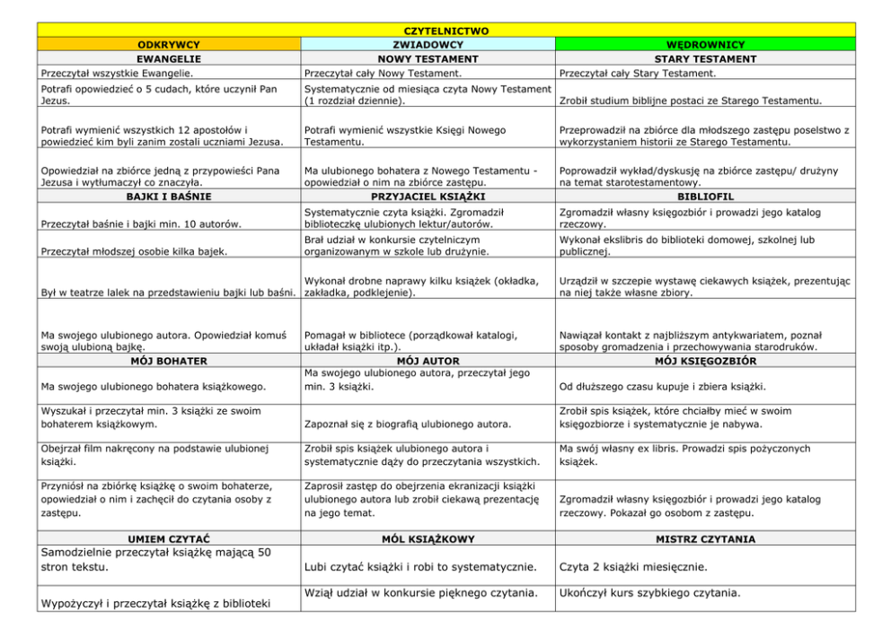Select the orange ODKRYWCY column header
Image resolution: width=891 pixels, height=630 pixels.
(168, 44)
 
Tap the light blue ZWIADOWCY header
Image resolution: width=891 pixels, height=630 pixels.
(428, 44)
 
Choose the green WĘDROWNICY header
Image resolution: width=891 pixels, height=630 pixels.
(705, 44)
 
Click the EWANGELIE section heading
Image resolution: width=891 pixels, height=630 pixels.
(168, 58)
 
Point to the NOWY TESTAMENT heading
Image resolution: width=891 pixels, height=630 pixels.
(428, 58)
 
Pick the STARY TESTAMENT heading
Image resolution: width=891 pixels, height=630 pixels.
(705, 58)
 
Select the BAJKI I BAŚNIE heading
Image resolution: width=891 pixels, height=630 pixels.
(168, 196)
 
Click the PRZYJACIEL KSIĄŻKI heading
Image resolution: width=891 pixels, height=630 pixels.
(428, 196)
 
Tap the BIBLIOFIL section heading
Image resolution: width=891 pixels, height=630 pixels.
(705, 196)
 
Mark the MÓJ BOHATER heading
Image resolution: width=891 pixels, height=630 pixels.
(168, 361)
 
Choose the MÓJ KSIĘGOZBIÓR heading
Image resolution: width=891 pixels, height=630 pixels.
(705, 361)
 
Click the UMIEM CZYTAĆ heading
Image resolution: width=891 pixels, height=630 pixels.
(168, 539)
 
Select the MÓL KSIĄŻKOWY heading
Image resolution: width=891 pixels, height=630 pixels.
(428, 539)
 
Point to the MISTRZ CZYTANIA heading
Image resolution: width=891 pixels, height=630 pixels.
(705, 539)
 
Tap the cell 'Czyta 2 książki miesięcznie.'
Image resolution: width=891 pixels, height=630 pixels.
(633, 567)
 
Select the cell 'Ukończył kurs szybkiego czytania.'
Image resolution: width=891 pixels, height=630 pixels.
(649, 592)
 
